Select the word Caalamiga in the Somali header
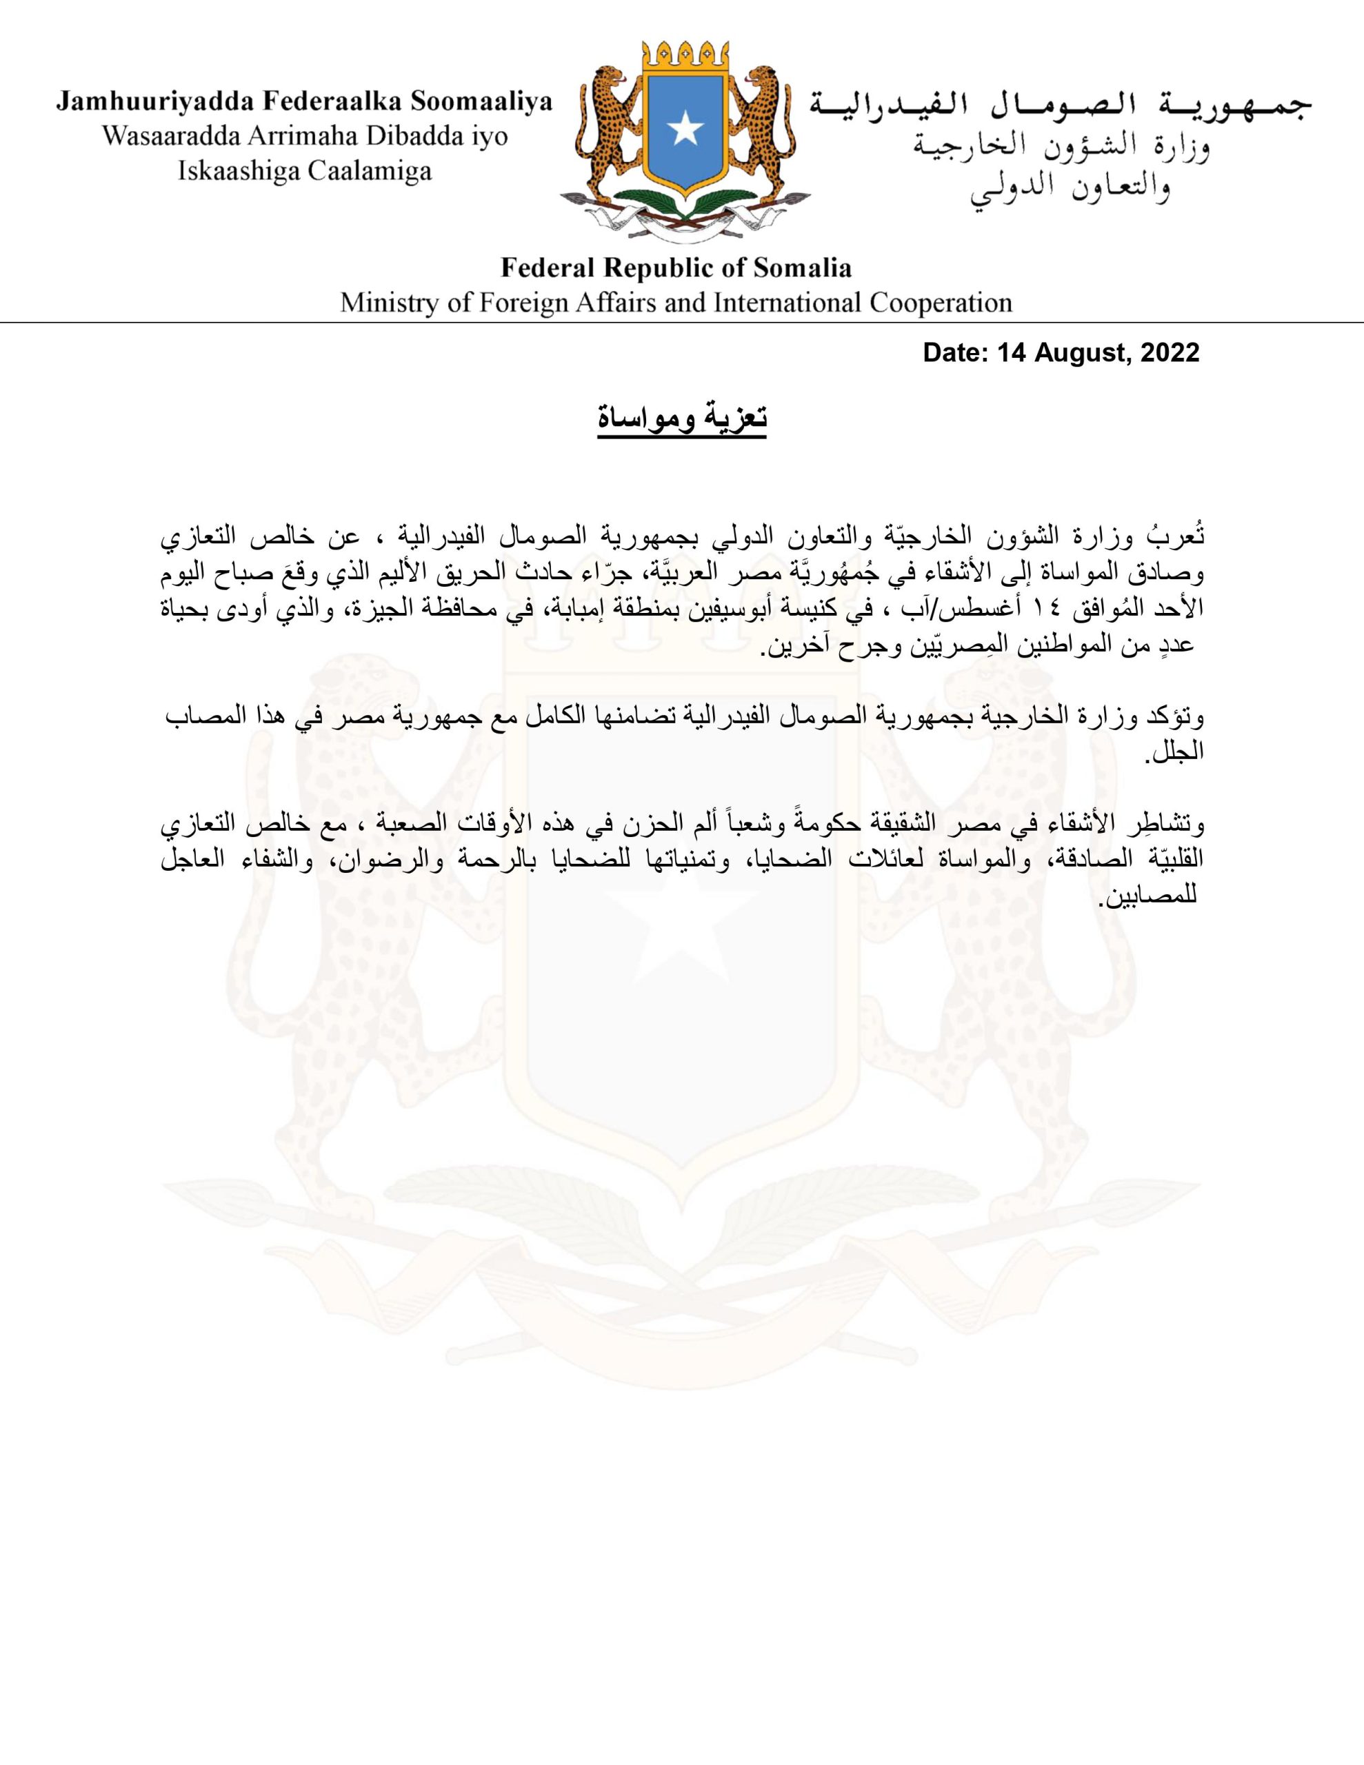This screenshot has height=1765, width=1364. click(x=371, y=170)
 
